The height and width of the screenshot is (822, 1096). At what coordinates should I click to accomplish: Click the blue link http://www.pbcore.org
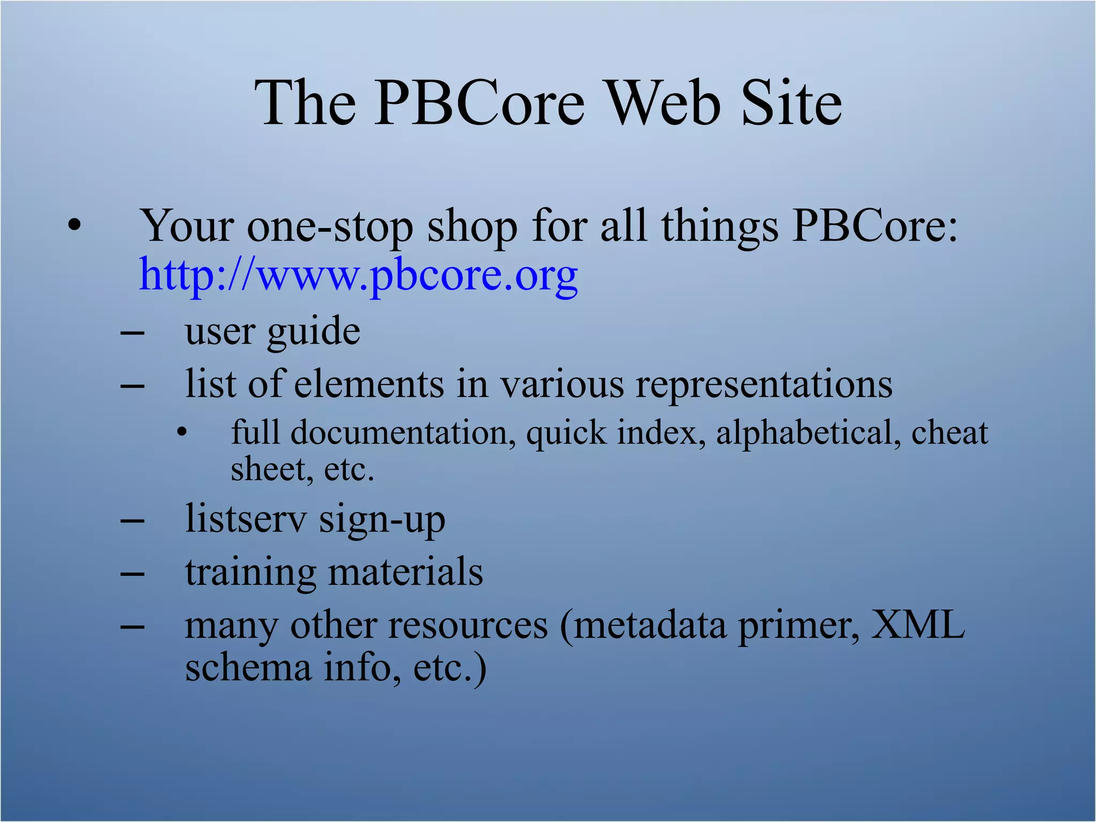click(358, 275)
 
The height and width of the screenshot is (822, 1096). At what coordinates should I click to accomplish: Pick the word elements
click(369, 384)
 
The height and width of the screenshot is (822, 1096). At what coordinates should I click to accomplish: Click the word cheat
click(949, 432)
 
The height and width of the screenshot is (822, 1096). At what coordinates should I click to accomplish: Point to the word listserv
click(246, 519)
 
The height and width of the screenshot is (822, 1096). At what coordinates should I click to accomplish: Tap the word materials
click(405, 572)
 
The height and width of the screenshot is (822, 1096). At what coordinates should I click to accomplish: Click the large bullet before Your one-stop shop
click(74, 226)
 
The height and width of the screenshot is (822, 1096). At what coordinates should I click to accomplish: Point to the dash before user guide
click(132, 333)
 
